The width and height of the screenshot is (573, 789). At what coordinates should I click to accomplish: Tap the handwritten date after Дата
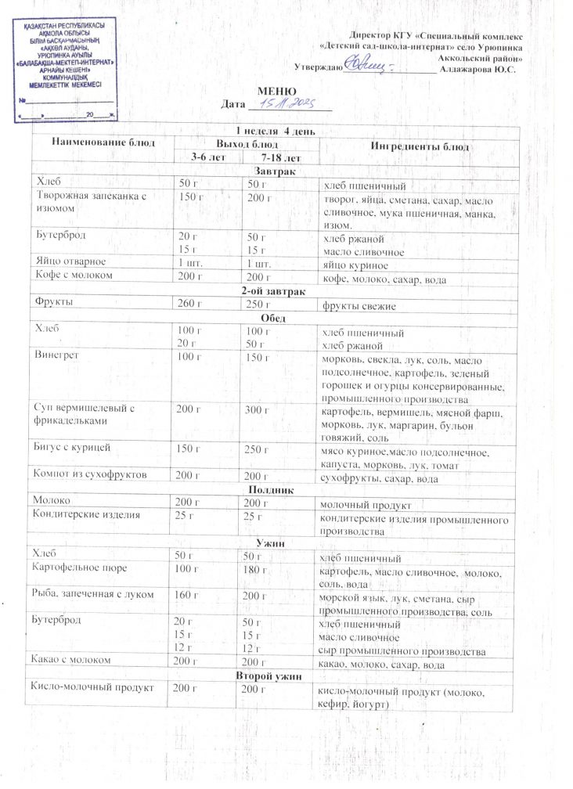(289, 103)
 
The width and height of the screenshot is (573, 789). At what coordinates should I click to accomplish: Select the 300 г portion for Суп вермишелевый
(256, 409)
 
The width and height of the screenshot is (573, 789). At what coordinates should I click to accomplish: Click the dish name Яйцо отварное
(70, 261)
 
